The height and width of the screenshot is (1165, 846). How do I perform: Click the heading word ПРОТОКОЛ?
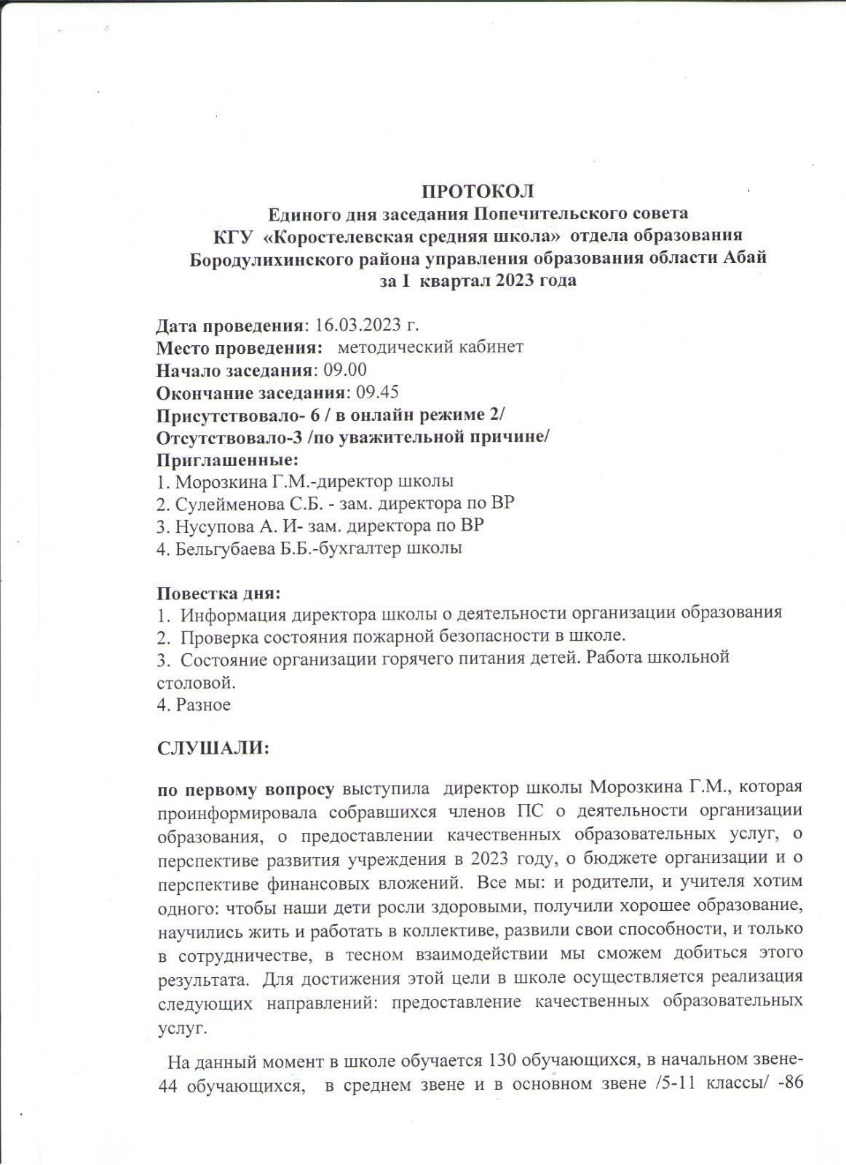(x=478, y=191)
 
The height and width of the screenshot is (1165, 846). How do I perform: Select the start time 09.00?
(x=345, y=370)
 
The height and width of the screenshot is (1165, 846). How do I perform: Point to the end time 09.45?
(x=376, y=392)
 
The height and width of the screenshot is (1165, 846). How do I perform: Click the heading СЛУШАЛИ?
(x=213, y=749)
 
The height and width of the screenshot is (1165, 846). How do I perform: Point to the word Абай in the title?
(x=746, y=258)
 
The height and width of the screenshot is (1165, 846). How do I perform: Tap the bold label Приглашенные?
(x=228, y=460)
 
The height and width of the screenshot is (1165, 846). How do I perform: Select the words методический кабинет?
(x=430, y=347)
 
